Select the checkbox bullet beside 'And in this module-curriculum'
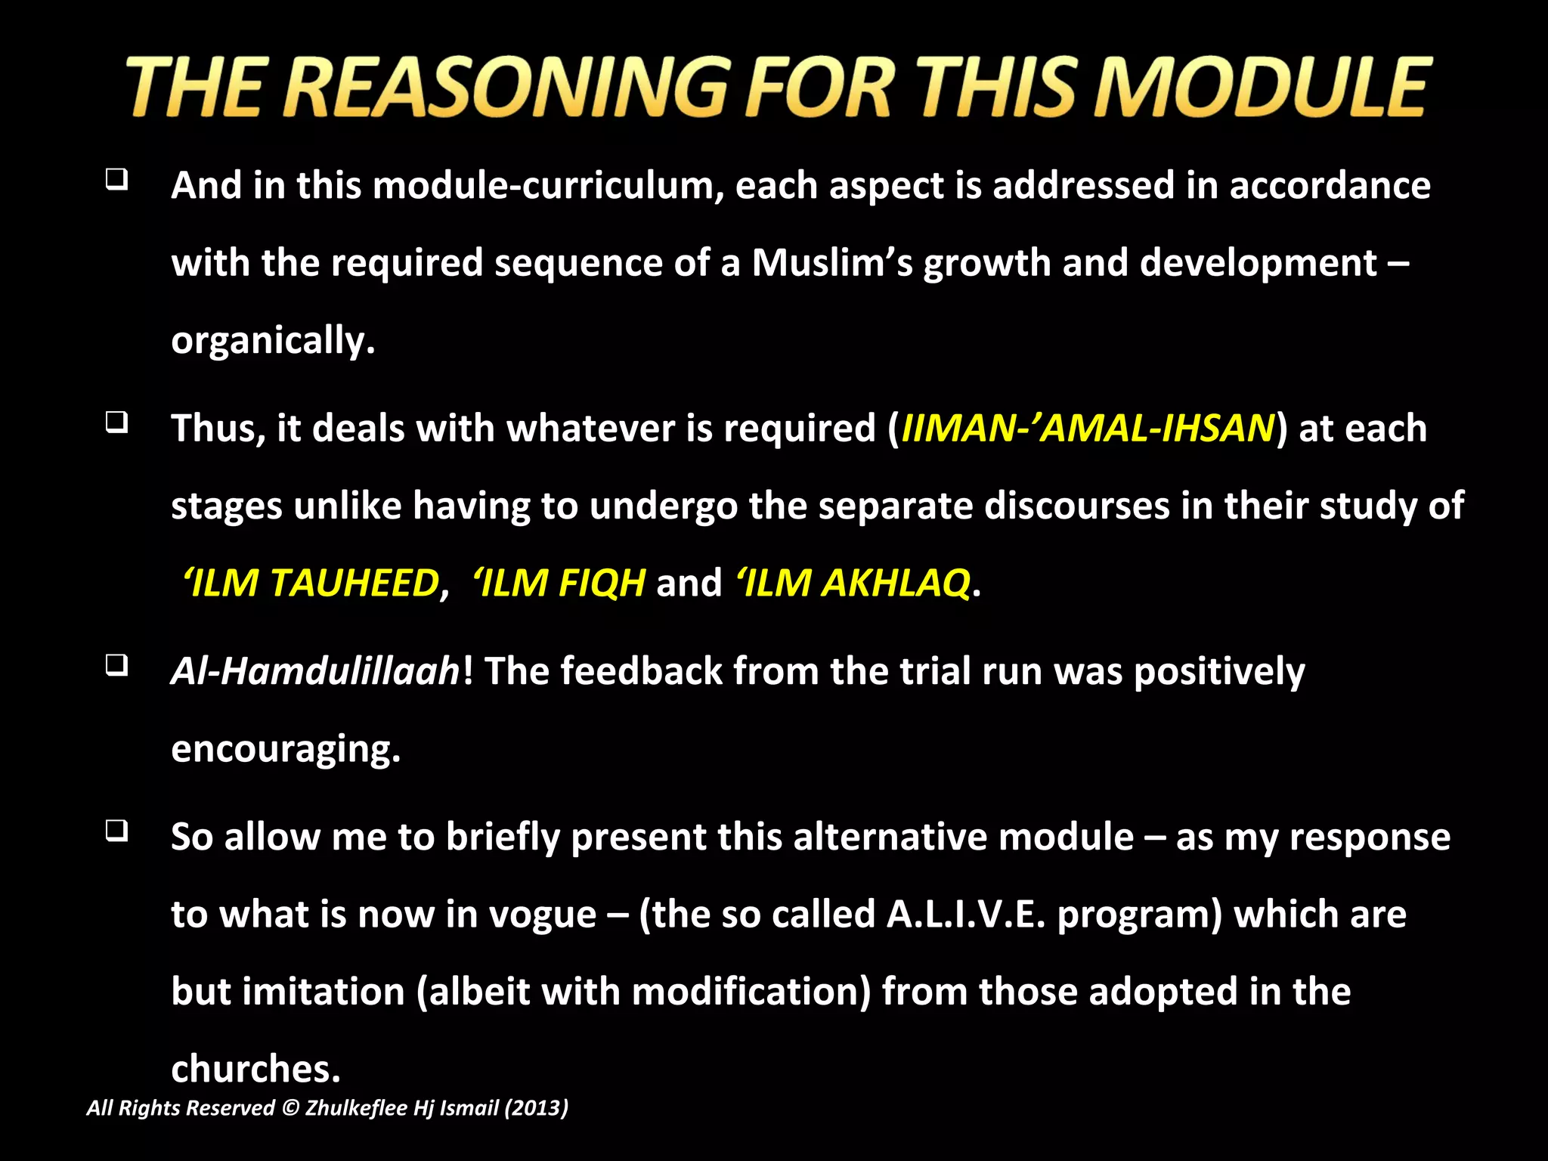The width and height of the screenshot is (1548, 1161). [x=116, y=180]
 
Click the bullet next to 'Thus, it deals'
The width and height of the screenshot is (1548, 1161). [x=116, y=423]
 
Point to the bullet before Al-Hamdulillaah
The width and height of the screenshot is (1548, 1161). [x=116, y=665]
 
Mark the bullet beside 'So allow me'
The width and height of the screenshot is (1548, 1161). [x=116, y=831]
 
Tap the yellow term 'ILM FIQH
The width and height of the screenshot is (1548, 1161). [x=559, y=583]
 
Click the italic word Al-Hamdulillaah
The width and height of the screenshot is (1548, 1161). [x=315, y=671]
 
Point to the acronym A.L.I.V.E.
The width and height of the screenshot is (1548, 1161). [x=966, y=915]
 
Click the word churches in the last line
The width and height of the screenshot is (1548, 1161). [x=255, y=1069]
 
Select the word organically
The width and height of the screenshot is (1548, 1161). [x=273, y=341]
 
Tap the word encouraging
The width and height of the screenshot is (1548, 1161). [x=286, y=749]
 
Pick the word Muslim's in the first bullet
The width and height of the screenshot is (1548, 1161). [x=832, y=263]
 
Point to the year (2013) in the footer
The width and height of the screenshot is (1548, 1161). [x=536, y=1108]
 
